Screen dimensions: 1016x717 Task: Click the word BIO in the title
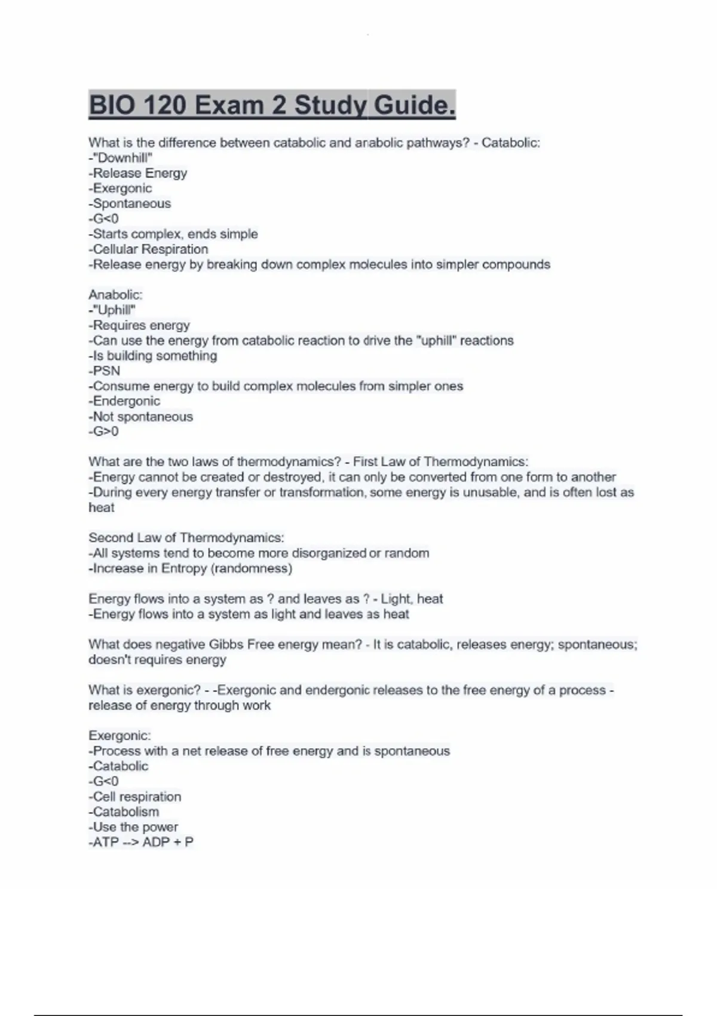coord(112,106)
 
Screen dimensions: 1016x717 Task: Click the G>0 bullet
coord(104,432)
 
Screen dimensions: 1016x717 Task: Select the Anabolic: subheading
coord(115,295)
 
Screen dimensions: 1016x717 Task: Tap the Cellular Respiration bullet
coord(149,249)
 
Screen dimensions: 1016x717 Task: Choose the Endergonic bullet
coord(125,401)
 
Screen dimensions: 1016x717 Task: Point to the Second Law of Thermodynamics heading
coord(186,538)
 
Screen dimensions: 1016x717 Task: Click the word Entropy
coord(183,568)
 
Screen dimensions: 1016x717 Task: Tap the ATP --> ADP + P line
coord(142,842)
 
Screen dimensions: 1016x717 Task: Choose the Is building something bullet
coord(153,356)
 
